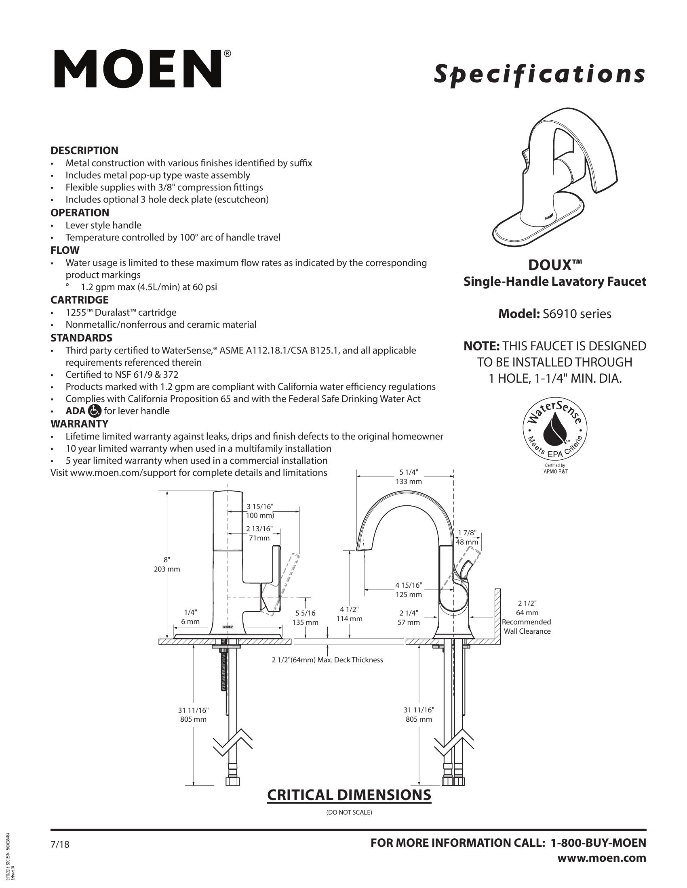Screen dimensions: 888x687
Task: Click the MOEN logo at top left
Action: point(137,69)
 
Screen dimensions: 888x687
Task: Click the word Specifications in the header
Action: point(539,74)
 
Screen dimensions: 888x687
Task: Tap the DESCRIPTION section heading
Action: point(84,151)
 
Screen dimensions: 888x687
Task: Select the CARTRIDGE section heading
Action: point(79,299)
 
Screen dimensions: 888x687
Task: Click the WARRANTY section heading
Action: point(79,424)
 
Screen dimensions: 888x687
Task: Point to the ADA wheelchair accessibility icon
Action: point(95,411)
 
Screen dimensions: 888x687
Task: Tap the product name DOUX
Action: point(555,265)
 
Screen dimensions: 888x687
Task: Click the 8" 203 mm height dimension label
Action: point(167,564)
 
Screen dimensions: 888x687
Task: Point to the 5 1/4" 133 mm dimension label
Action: point(409,477)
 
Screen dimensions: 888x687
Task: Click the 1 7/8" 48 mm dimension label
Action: point(467,537)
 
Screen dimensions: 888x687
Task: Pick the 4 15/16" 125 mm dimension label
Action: point(409,590)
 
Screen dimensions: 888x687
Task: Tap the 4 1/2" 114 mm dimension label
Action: point(349,614)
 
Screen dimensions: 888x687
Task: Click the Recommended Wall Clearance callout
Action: point(527,626)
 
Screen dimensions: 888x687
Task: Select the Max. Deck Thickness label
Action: point(327,660)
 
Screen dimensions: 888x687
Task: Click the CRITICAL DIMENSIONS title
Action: point(349,794)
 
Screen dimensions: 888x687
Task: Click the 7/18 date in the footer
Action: point(60,844)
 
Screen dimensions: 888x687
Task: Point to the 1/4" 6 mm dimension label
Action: point(190,617)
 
